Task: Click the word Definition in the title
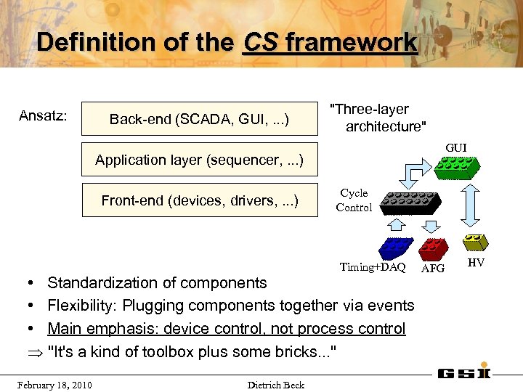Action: [x=81, y=42]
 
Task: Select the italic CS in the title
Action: [x=261, y=42]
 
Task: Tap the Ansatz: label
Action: [x=43, y=115]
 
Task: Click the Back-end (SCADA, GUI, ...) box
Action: [x=200, y=118]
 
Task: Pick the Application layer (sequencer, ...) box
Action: [x=200, y=159]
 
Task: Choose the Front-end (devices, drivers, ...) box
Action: [x=200, y=200]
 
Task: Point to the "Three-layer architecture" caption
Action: [x=378, y=118]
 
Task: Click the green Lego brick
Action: [x=458, y=168]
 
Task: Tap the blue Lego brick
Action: [x=397, y=248]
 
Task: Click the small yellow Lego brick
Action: [x=477, y=242]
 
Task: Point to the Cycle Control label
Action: [x=354, y=200]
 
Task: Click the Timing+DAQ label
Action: [x=373, y=267]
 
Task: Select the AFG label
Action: [x=433, y=268]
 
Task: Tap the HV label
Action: [x=476, y=262]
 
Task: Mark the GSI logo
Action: [x=464, y=373]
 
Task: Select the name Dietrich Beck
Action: [x=275, y=385]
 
